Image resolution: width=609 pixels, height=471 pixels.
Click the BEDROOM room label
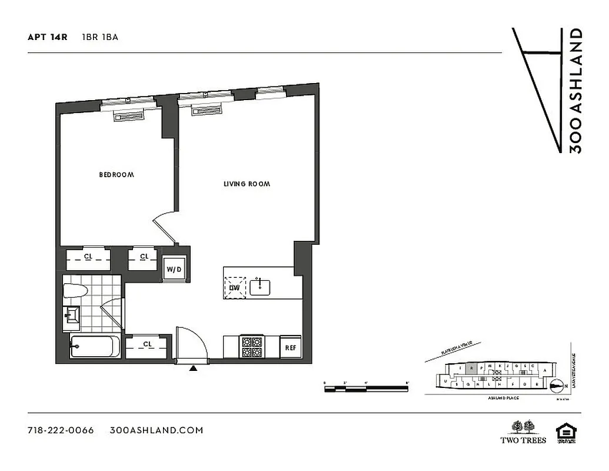(116, 175)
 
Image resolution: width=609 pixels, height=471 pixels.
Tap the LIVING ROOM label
(247, 184)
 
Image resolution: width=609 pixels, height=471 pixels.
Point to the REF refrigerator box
(290, 347)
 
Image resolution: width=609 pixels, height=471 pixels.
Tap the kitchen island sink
(259, 287)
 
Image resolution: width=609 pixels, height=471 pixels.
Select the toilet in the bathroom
(75, 290)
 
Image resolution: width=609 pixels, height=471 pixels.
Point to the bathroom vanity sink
(72, 317)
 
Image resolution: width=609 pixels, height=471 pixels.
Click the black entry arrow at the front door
(193, 369)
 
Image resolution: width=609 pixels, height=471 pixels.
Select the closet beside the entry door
(147, 346)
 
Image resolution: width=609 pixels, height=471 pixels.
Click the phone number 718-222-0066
(61, 430)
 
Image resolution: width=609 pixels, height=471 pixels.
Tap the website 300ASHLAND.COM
(157, 430)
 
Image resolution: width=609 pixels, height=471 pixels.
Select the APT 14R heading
(47, 37)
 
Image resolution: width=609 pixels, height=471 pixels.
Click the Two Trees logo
(523, 432)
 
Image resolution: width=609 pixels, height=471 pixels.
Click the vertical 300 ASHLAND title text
(576, 91)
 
